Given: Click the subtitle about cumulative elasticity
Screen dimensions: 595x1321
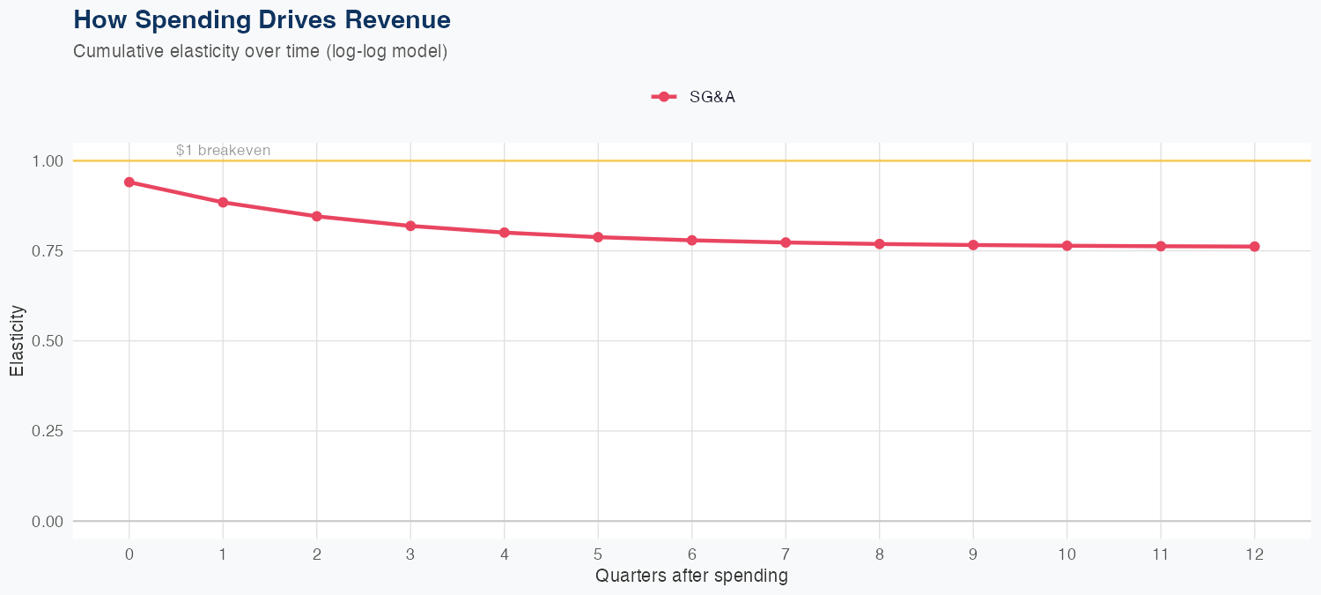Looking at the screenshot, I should pyautogui.click(x=261, y=51).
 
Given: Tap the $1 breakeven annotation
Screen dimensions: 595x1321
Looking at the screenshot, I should pyautogui.click(x=223, y=150).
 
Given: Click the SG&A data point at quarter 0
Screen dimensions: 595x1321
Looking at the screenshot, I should pyautogui.click(x=129, y=182).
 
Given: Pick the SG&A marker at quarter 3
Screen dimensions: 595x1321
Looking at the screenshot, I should pyautogui.click(x=410, y=226).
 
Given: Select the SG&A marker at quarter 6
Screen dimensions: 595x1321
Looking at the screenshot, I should pyautogui.click(x=691, y=240).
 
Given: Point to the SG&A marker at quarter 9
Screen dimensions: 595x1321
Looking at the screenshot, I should pyautogui.click(x=973, y=245).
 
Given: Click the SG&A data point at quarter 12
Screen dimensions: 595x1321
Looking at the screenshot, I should pyautogui.click(x=1254, y=247).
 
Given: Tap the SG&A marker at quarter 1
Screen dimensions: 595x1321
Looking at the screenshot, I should pyautogui.click(x=223, y=202).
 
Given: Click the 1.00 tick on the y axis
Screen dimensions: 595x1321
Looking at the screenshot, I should pyautogui.click(x=48, y=161).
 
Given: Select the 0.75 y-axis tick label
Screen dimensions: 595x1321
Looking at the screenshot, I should pyautogui.click(x=48, y=251).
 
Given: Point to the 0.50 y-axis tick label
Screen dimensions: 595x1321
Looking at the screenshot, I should pyautogui.click(x=48, y=341).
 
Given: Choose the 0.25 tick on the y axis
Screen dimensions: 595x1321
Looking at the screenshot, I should pyautogui.click(x=48, y=431).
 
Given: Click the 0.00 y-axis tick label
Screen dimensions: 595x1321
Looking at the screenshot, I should pyautogui.click(x=48, y=522).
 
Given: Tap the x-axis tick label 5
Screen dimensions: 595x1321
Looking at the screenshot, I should pyautogui.click(x=598, y=554).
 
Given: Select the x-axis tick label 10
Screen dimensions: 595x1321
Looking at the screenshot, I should pyautogui.click(x=1066, y=554).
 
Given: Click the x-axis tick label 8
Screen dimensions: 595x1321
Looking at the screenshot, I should pyautogui.click(x=879, y=554).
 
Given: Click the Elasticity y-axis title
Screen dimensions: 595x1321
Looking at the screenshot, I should pyautogui.click(x=18, y=341).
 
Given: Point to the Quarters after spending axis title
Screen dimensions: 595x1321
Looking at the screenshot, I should pyautogui.click(x=691, y=576).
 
